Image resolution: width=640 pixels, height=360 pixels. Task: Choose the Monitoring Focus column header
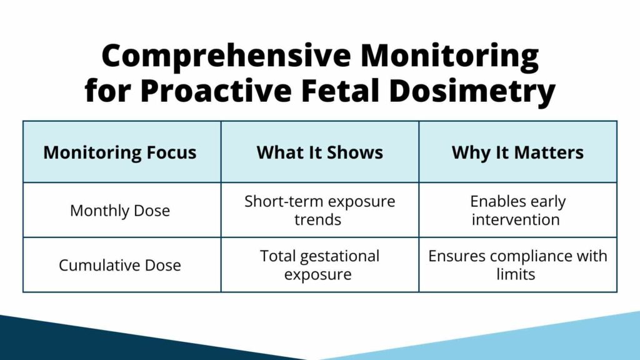tap(120, 152)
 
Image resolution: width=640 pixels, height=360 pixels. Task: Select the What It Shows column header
tap(319, 152)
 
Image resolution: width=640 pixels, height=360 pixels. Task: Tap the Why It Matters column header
tap(517, 152)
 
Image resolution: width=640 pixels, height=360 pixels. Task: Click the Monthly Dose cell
tap(120, 211)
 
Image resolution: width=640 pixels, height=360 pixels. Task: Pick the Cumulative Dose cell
tap(120, 265)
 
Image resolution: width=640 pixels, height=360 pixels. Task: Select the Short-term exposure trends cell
tap(319, 211)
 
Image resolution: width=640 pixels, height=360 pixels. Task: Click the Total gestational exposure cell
tap(319, 265)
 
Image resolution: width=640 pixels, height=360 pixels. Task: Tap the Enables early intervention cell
tap(517, 211)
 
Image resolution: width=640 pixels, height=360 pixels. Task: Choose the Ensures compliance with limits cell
tap(517, 265)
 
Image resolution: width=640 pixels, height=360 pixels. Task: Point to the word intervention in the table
tap(516, 219)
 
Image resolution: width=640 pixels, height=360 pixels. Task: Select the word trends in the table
tap(319, 219)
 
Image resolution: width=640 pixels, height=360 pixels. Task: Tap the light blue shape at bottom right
tap(550, 341)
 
